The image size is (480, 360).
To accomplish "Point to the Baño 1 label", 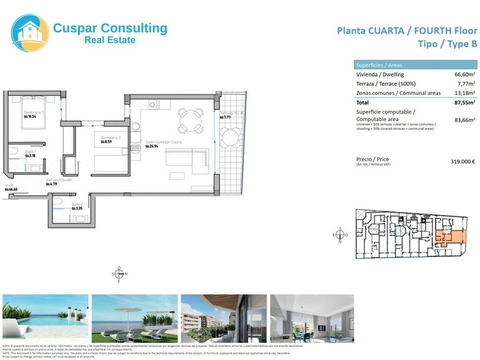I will (x=31, y=152).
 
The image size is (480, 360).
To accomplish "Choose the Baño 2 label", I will (x=77, y=204).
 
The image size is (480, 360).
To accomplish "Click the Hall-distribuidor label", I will (x=59, y=179).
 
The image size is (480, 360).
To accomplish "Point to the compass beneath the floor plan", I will (x=119, y=274).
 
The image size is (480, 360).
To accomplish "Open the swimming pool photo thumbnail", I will (x=44, y=317).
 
